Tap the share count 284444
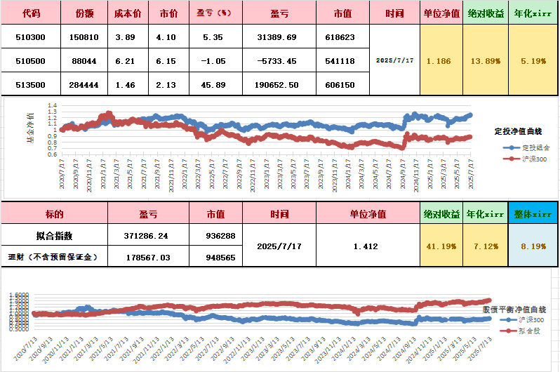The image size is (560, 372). [84, 84]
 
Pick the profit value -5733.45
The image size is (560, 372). [277, 61]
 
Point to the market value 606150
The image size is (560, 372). [340, 84]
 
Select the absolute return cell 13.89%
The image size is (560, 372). [486, 61]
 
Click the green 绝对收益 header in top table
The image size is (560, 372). [486, 13]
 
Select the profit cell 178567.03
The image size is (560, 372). [148, 257]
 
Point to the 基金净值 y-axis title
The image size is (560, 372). [29, 127]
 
